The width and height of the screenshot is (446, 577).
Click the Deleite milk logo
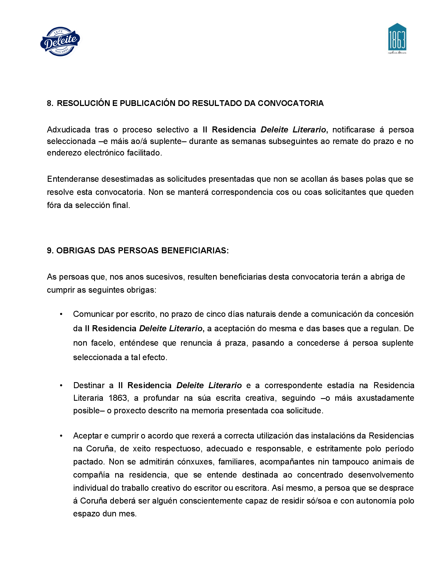[x=60, y=41]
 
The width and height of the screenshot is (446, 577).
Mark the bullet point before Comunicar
[x=61, y=314]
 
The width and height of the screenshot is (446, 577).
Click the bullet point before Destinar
[x=61, y=386]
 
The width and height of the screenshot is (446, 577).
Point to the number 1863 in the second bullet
[x=118, y=398]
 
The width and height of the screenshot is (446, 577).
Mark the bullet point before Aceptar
[x=61, y=436]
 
